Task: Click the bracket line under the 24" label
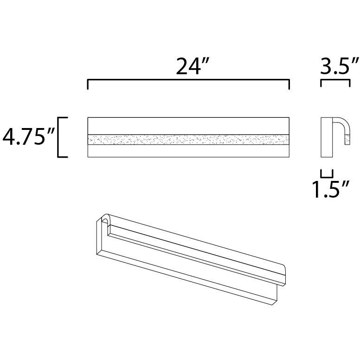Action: coord(188,80)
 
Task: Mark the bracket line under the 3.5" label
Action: coord(335,80)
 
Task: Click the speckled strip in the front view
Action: coord(188,139)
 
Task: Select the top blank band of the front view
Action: coord(188,126)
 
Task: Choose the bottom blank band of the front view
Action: coord(188,151)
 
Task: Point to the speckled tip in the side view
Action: coord(346,138)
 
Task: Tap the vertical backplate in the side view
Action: coord(327,138)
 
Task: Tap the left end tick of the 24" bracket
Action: coord(88,84)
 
